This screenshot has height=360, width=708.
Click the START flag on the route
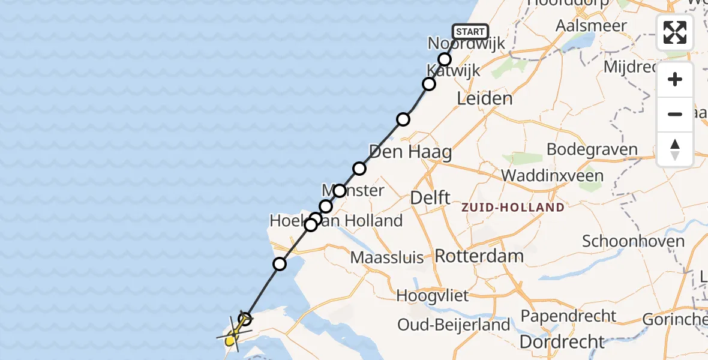[x=470, y=32]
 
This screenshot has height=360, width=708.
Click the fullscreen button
[x=675, y=32]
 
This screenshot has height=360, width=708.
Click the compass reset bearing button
[x=675, y=149]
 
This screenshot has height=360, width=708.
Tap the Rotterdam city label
[x=479, y=256]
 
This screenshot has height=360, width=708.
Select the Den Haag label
[x=410, y=152]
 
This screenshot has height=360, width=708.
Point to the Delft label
[x=430, y=197]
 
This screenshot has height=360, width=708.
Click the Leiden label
[x=485, y=98]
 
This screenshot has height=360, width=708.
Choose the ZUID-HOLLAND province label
[x=512, y=208]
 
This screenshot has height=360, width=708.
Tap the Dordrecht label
[x=562, y=342]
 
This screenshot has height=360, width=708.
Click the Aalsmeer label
[x=591, y=26]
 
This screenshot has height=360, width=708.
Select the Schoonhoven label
[x=633, y=242]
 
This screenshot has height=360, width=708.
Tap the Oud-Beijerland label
[x=454, y=325]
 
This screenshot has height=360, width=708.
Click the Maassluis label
[x=388, y=258]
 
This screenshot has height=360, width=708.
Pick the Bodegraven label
[x=592, y=149]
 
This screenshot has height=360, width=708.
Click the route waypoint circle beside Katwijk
[x=429, y=84]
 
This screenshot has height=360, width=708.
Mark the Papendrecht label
[x=568, y=316]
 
